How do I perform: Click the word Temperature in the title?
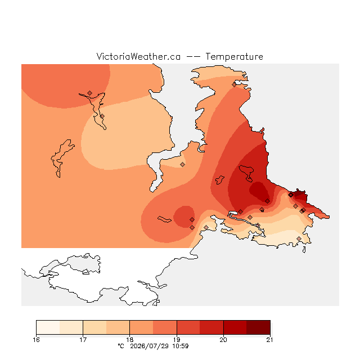point(234,57)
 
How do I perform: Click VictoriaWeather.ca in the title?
point(138,57)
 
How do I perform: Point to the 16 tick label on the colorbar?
point(36,340)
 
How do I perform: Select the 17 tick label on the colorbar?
point(83,340)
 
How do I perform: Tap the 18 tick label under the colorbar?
point(130,340)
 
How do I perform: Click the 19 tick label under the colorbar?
point(177,340)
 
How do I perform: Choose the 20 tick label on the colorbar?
point(223,340)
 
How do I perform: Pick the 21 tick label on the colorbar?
point(270,340)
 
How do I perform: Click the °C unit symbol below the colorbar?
point(121,346)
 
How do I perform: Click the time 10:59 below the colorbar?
point(181,346)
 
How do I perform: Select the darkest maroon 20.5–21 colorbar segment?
point(258,327)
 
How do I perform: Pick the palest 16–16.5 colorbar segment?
point(48,327)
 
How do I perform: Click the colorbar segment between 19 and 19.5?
point(188,327)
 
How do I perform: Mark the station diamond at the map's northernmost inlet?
point(234,85)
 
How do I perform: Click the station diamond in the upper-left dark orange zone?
point(90,93)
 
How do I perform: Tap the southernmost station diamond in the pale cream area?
point(299,238)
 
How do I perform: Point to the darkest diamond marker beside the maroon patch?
point(291,195)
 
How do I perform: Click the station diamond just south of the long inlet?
point(182,164)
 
